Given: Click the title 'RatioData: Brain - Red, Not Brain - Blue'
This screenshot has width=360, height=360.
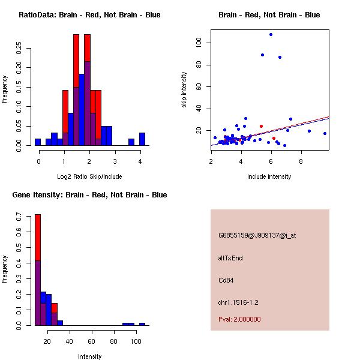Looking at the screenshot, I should [x=89, y=15].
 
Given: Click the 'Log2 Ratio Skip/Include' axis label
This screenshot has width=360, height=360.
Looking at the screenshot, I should [x=89, y=176].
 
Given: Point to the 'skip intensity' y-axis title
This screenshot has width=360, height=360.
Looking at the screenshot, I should [x=184, y=90].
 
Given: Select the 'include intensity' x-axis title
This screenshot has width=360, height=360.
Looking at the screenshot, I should [x=269, y=176].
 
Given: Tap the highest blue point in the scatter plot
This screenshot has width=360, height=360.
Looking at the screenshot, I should [x=271, y=35].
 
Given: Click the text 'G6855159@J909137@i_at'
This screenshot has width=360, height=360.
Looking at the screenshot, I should [x=257, y=236].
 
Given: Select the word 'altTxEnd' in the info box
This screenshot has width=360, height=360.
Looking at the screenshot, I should [x=230, y=259].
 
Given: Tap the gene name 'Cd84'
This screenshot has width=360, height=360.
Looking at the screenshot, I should [x=226, y=280].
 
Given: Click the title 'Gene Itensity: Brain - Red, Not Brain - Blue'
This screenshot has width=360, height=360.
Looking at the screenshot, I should [x=89, y=195].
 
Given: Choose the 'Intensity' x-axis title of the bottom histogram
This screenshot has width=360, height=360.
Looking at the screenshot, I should [x=90, y=356].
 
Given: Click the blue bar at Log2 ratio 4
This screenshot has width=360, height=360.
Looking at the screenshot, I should [x=142, y=139].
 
